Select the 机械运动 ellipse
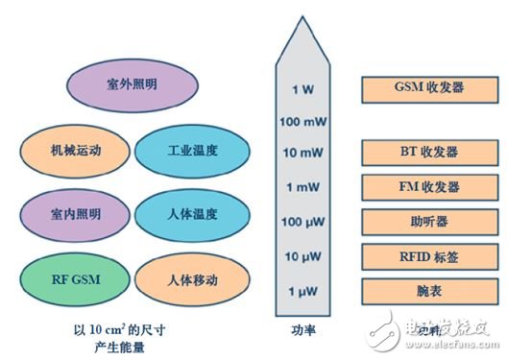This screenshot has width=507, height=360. pyautogui.click(x=74, y=151)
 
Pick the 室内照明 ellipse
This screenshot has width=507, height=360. pyautogui.click(x=74, y=212)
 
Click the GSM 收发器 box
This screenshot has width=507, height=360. pyautogui.click(x=428, y=89)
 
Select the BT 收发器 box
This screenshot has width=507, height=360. pyautogui.click(x=428, y=152)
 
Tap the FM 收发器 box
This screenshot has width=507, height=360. pyautogui.click(x=428, y=186)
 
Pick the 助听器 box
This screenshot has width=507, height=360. pyautogui.click(x=428, y=221)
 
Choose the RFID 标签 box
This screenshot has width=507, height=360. pyautogui.click(x=428, y=255)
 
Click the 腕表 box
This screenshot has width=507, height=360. pyautogui.click(x=428, y=290)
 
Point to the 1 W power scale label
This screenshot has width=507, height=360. pyautogui.click(x=301, y=89)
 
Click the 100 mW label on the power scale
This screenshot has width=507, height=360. pyautogui.click(x=301, y=122)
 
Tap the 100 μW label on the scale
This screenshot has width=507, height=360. pyautogui.click(x=301, y=223)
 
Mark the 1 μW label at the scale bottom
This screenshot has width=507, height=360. pyautogui.click(x=301, y=290)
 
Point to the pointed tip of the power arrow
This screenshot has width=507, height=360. pyautogui.click(x=302, y=21)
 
